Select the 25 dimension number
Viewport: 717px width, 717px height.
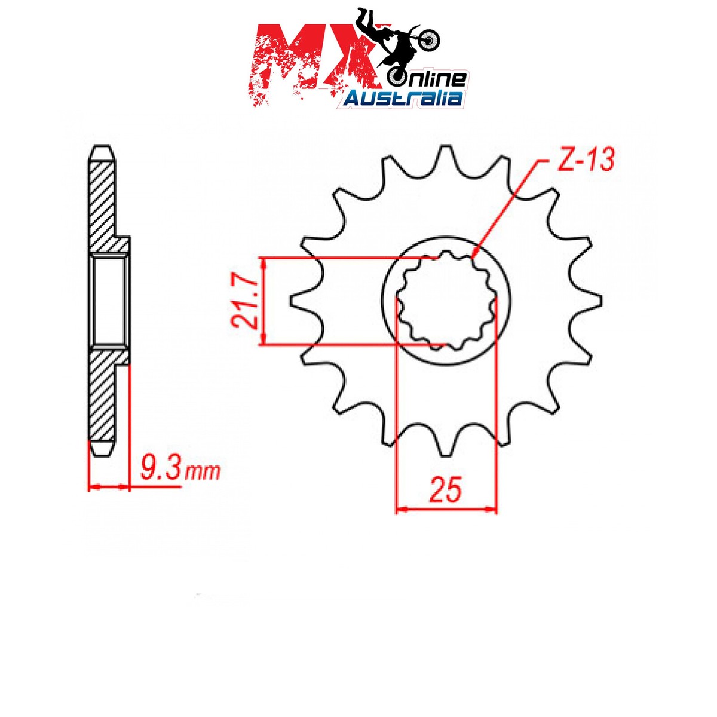[x=446, y=490]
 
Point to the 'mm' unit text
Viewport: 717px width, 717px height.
[x=203, y=473]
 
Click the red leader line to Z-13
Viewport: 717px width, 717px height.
[x=508, y=203]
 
